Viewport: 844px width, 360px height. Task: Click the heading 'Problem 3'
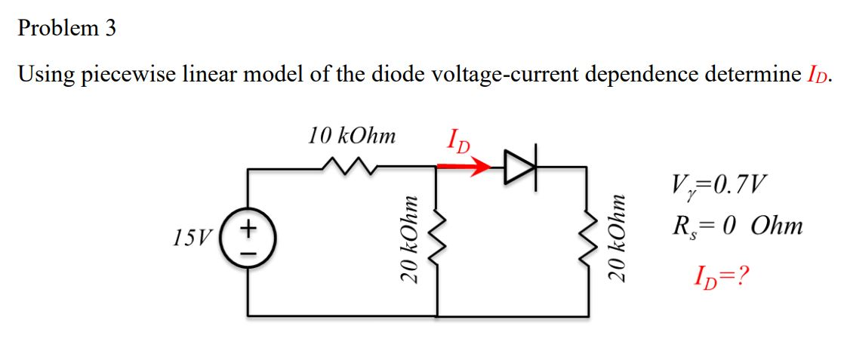67,28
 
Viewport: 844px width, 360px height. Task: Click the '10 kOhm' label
352,137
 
